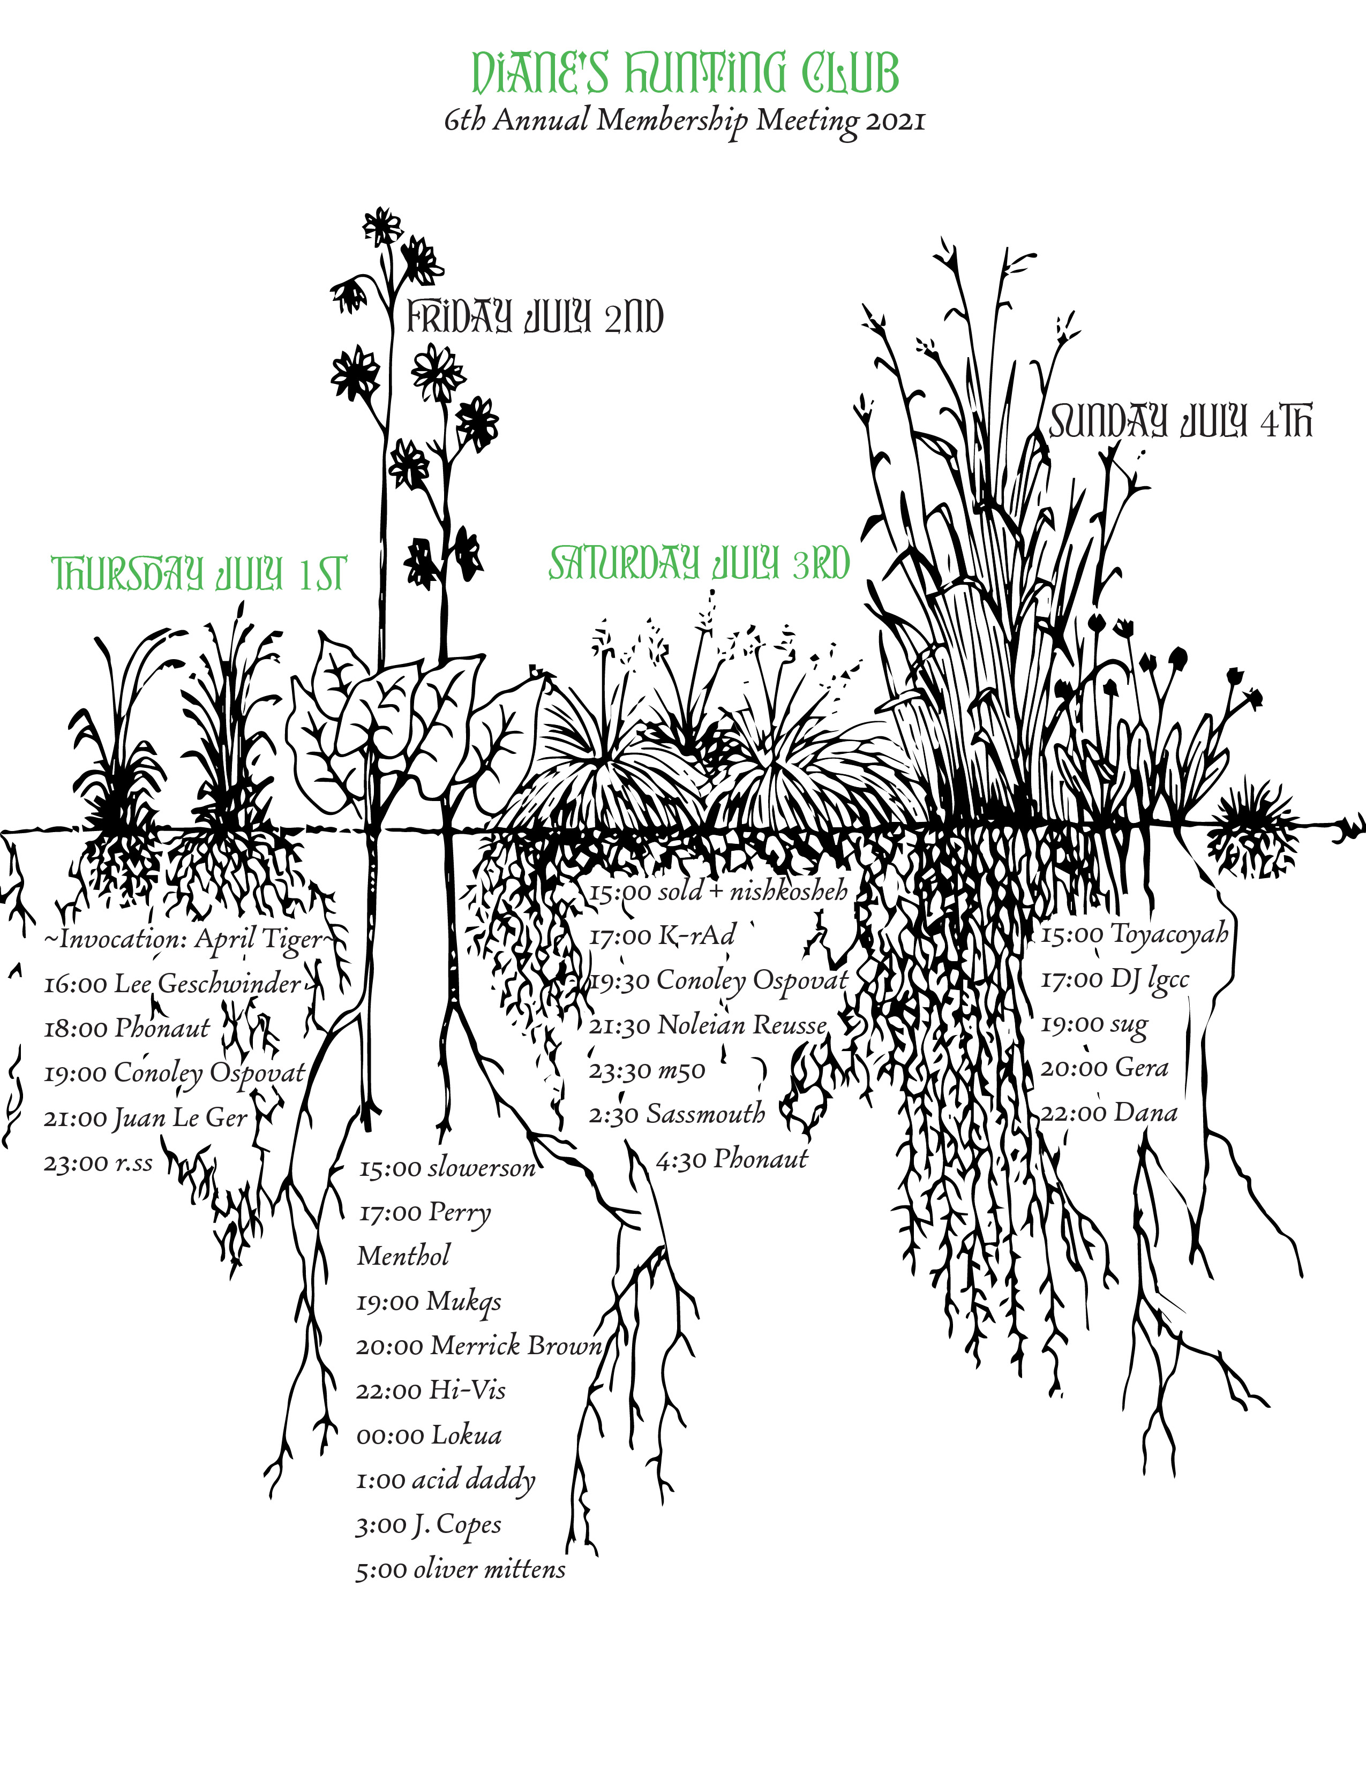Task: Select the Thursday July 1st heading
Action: point(199,573)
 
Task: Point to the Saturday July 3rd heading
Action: point(699,563)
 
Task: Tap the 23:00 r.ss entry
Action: point(98,1162)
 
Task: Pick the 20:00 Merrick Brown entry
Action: point(479,1346)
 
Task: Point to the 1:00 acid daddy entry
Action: point(446,1480)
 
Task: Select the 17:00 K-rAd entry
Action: point(662,936)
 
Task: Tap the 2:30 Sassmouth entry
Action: point(677,1115)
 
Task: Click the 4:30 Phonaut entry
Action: point(732,1159)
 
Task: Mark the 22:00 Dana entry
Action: point(1109,1113)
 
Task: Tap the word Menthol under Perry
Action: point(403,1256)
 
